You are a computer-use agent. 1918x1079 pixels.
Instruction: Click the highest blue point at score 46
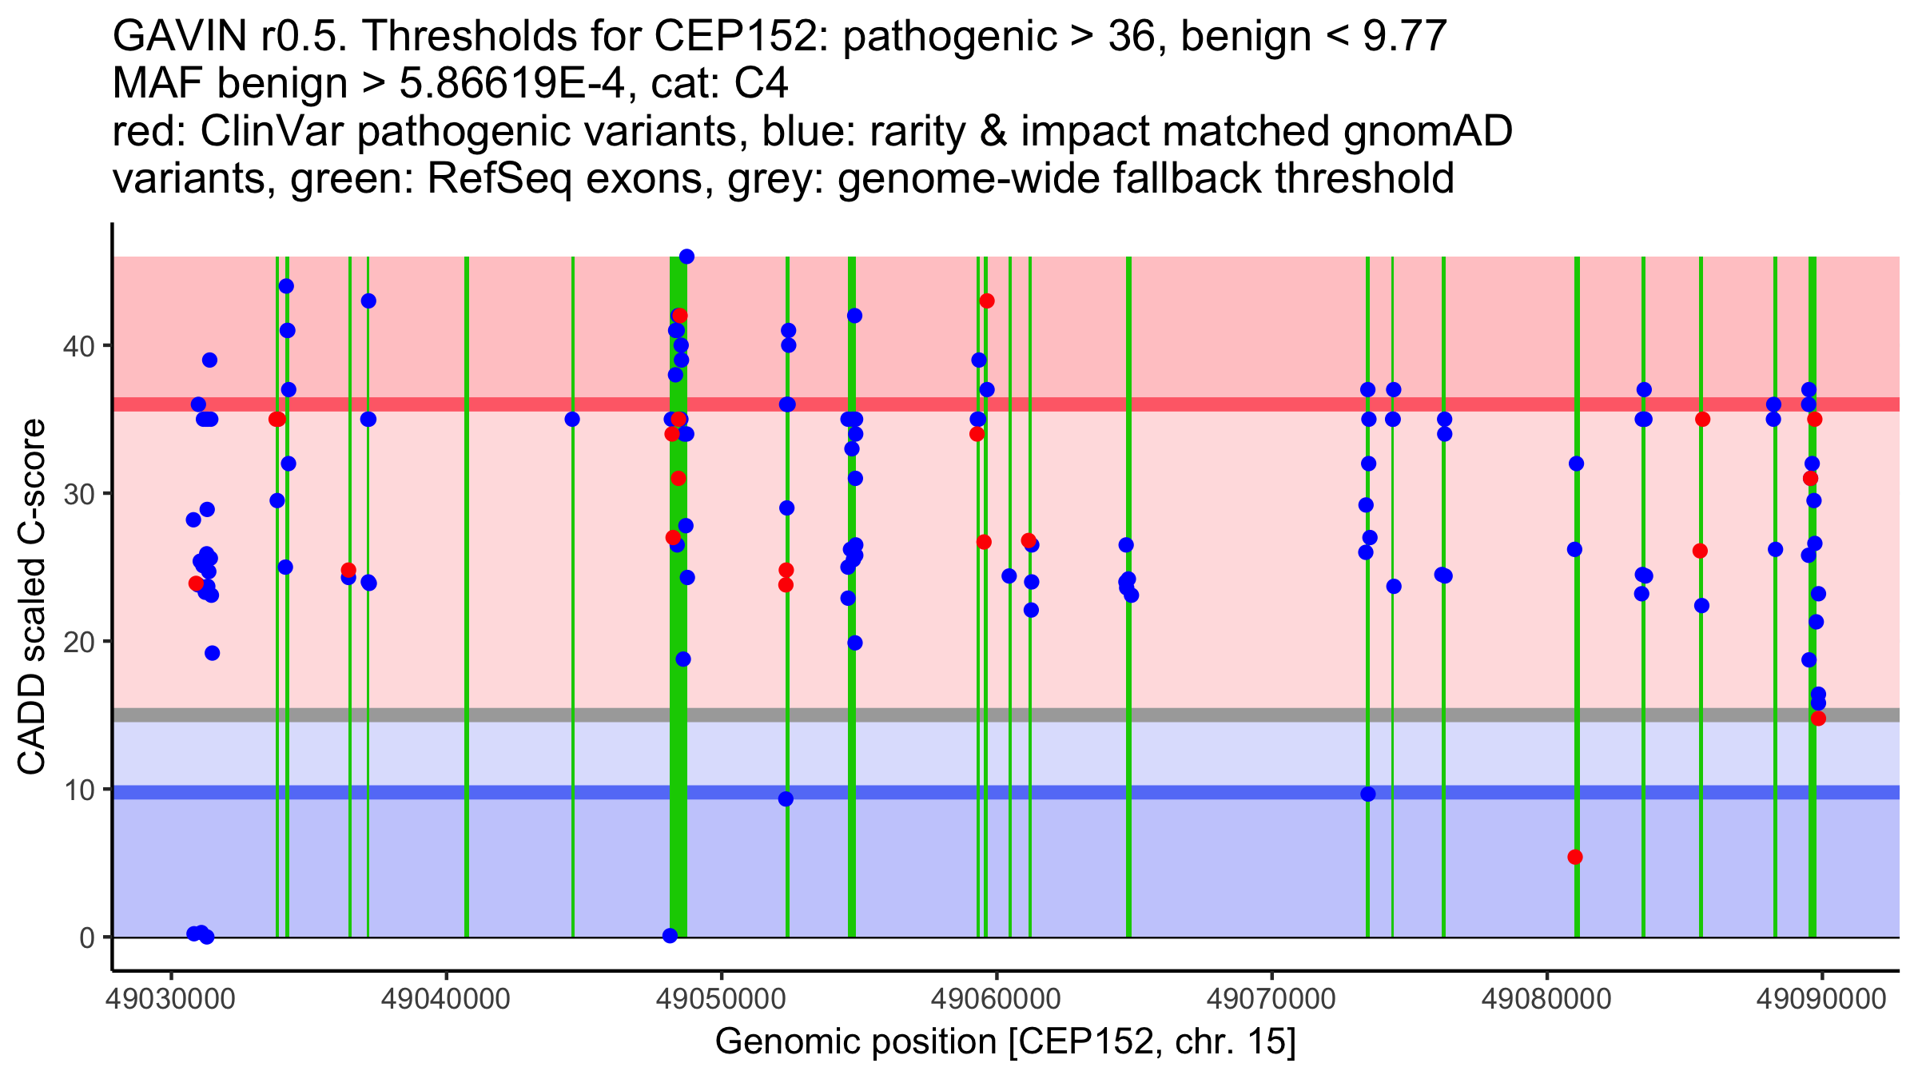(686, 257)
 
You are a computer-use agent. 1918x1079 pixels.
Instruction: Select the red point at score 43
(987, 301)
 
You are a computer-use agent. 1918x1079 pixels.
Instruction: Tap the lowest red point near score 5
(1575, 858)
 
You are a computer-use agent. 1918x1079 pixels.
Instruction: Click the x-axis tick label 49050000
(721, 999)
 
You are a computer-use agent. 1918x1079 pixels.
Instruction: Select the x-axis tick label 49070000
(1271, 999)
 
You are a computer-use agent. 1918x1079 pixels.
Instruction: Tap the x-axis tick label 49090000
(1821, 999)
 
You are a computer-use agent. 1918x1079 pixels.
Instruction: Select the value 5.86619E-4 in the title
(511, 84)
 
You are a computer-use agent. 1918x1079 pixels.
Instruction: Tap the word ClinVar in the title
(273, 132)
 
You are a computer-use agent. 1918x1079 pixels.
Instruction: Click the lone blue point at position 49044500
(572, 420)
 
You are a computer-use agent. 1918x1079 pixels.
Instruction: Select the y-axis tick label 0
(86, 938)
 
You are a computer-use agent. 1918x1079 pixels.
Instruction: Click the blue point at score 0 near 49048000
(671, 936)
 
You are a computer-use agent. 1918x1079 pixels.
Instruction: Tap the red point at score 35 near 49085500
(1703, 420)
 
